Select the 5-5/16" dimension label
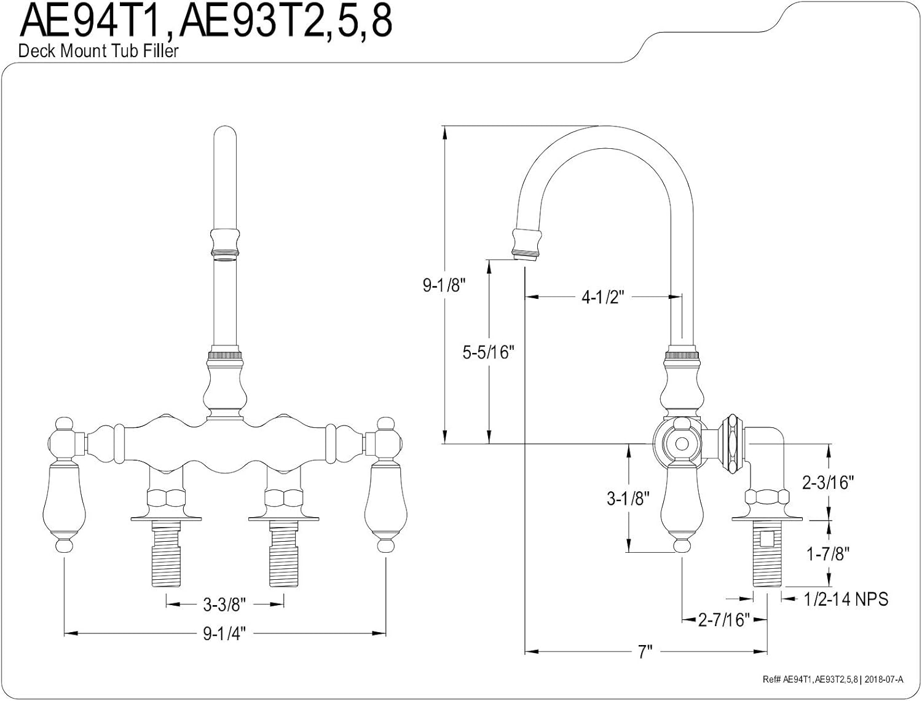point(488,352)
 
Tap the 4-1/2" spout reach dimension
point(602,297)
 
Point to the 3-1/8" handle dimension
point(628,498)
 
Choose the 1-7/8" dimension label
point(828,553)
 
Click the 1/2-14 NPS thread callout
point(846,598)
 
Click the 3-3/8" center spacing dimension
point(224,605)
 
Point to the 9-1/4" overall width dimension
point(224,633)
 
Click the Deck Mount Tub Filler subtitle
point(98,50)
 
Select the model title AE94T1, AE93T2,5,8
point(206,22)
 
